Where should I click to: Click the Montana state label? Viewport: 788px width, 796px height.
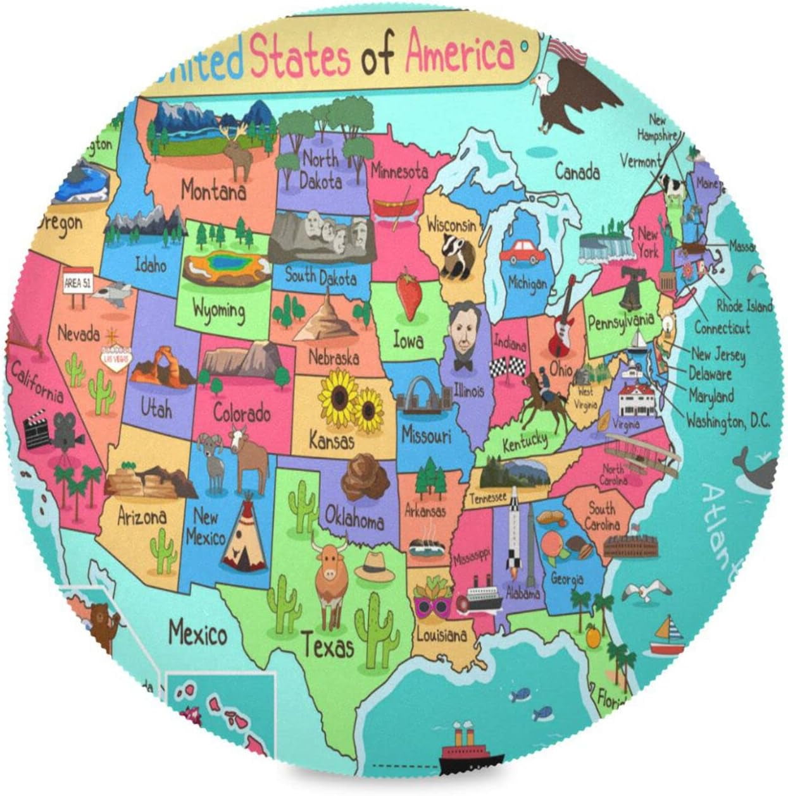tap(213, 190)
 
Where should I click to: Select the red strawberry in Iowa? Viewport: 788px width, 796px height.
tap(409, 295)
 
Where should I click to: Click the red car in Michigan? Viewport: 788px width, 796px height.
tap(522, 251)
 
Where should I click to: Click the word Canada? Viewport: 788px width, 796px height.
tap(577, 171)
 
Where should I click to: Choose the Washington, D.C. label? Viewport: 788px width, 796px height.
tap(728, 420)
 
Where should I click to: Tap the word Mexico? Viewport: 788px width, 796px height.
tap(197, 633)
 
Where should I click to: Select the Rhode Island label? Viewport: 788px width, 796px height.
tap(744, 306)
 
